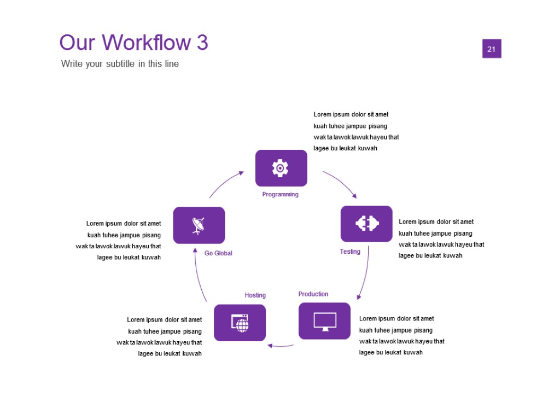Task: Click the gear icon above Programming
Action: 281,168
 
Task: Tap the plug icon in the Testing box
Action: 367,223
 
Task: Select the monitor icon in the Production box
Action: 325,321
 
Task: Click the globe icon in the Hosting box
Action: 240,323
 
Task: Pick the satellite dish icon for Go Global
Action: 199,225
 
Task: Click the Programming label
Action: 281,194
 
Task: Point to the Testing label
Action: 350,252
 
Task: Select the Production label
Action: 313,294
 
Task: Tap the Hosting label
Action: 255,295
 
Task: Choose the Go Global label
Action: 218,253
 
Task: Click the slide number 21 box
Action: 492,49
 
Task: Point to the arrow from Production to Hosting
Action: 281,346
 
